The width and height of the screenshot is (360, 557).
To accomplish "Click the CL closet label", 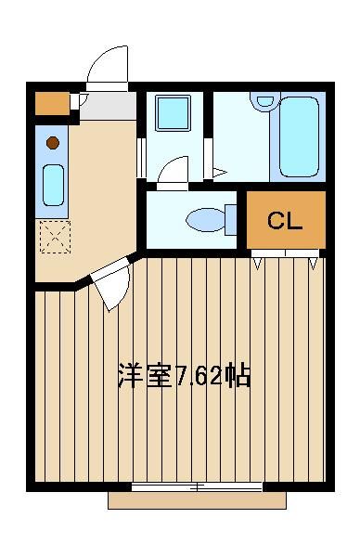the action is tap(285, 221).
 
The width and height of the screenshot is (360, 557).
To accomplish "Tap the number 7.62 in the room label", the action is tap(199, 376).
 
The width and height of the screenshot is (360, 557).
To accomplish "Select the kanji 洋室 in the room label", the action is tap(146, 375).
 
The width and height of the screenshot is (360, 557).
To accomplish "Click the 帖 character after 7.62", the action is tap(238, 375).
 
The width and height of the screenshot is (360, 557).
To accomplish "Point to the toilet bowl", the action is tap(205, 220).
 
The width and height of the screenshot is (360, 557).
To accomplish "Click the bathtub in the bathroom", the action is tap(299, 136).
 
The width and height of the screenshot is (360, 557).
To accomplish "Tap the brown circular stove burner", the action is tap(53, 143).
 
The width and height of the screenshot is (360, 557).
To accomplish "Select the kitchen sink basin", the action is tap(53, 185).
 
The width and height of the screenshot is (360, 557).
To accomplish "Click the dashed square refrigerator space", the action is tap(55, 237).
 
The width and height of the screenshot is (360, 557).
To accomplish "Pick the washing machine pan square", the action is tap(173, 113).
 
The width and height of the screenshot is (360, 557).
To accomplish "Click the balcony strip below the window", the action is tap(197, 500).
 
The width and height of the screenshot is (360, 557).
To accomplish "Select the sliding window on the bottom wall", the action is tap(197, 487).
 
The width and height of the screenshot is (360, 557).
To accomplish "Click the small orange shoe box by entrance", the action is tap(52, 104).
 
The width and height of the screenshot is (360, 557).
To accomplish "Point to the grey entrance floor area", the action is tap(108, 106).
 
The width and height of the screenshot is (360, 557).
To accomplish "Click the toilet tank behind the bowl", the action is tap(231, 219).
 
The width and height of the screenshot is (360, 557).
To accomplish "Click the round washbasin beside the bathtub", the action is tap(265, 100).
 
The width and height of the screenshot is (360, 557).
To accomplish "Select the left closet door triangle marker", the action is tap(257, 264).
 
